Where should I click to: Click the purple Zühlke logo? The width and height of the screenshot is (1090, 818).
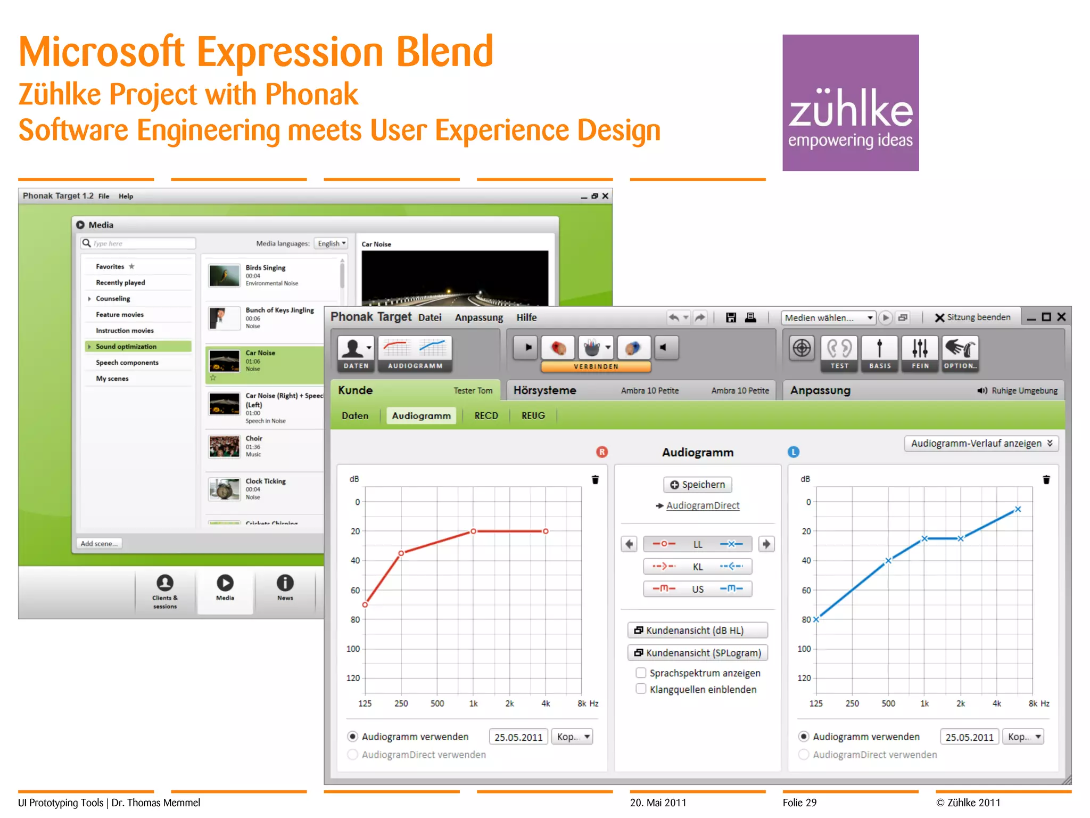(850, 102)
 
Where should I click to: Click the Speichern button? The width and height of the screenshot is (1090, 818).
(697, 485)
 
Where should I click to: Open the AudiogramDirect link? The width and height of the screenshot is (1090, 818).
(703, 505)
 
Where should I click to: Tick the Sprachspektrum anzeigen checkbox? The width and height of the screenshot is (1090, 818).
(641, 673)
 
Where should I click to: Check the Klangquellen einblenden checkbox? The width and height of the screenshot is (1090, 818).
(641, 689)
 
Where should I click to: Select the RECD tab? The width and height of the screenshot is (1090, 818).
(486, 415)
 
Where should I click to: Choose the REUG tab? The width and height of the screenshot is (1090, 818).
(533, 415)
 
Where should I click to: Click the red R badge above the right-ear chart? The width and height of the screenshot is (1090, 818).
(602, 452)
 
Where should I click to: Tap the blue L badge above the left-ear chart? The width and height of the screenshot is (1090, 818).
(793, 452)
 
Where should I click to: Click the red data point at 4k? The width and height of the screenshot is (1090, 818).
(546, 531)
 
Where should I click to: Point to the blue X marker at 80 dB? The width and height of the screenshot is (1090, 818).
(816, 619)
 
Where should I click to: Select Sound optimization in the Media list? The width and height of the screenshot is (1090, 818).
(126, 346)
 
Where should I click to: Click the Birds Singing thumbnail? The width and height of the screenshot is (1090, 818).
(224, 275)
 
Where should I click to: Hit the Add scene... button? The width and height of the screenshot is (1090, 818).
(99, 543)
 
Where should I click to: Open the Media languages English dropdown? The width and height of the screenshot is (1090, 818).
(331, 243)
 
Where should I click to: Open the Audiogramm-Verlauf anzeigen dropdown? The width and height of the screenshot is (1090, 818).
(981, 443)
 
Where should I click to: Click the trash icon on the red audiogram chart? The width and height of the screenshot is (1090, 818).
(595, 480)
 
